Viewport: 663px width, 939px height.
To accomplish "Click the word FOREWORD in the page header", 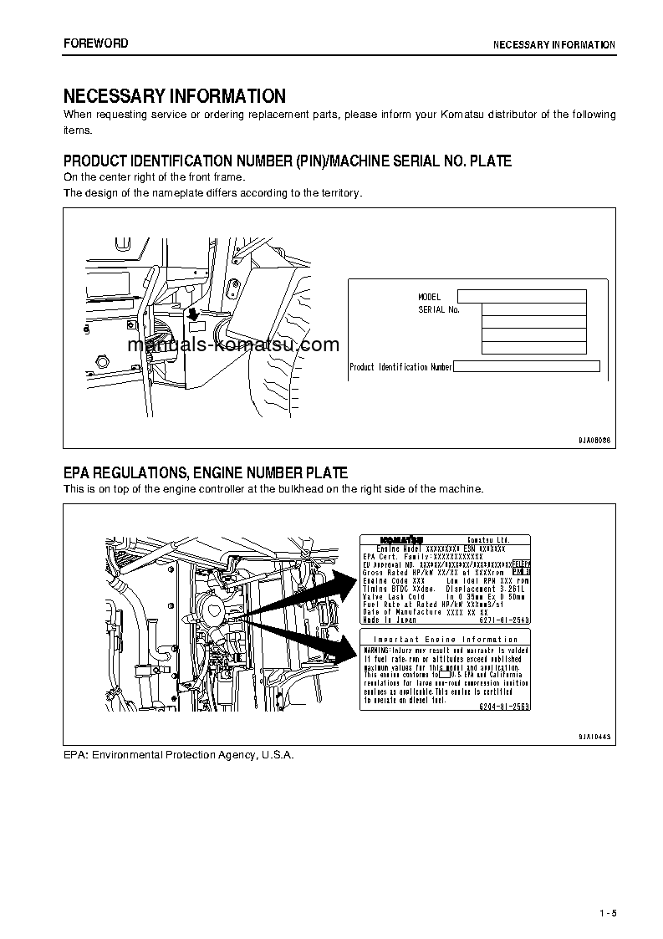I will pyautogui.click(x=96, y=43).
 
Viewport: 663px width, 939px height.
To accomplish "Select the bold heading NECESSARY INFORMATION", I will pyautogui.click(x=175, y=96).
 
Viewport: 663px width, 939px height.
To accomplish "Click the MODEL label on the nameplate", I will pyautogui.click(x=429, y=297).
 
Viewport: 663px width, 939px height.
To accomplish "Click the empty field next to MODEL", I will pyautogui.click(x=522, y=296).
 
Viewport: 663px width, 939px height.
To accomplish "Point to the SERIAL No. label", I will pyautogui.click(x=439, y=309).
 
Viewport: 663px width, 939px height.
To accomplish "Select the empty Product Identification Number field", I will pyautogui.click(x=527, y=366).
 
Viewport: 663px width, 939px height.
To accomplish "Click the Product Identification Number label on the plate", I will pyautogui.click(x=400, y=367).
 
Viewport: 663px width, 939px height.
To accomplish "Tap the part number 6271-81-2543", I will pyautogui.click(x=504, y=620).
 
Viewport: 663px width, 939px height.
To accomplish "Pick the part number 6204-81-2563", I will pyautogui.click(x=504, y=706).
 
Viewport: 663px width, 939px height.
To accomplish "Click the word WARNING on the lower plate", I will pyautogui.click(x=379, y=650).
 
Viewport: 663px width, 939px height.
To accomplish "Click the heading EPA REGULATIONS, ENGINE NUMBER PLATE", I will pyautogui.click(x=206, y=473).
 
